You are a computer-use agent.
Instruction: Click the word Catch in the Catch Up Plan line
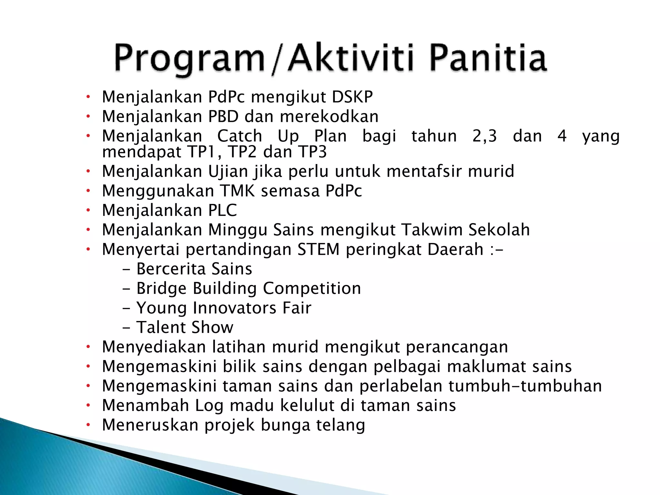click(x=239, y=136)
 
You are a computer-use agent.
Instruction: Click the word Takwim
click(x=432, y=230)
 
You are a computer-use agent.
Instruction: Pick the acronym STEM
click(x=318, y=249)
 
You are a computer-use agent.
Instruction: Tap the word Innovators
click(x=234, y=308)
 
